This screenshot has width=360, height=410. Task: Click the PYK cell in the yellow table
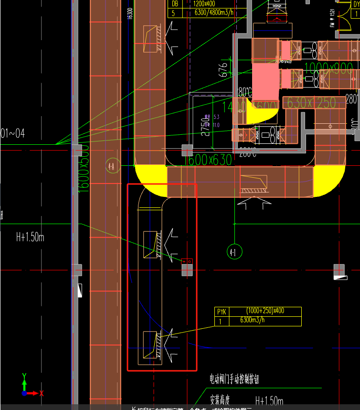tap(222, 312)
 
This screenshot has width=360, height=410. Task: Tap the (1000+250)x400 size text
tap(265, 311)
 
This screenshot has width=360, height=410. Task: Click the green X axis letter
tap(42, 393)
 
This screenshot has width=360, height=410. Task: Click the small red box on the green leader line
tap(187, 261)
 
